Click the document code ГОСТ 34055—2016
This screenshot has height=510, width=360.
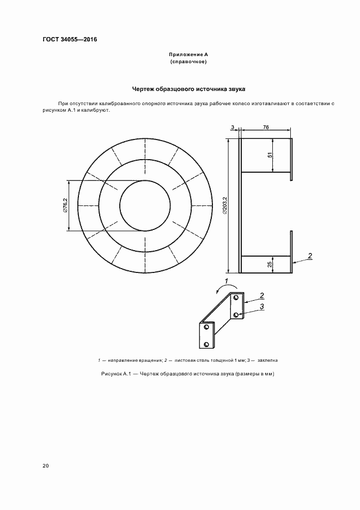[x=66, y=39]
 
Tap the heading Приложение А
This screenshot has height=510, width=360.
[x=189, y=55]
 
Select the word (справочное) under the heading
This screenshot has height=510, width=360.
[x=189, y=62]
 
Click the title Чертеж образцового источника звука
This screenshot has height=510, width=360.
[x=189, y=88]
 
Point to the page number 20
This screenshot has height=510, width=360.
[x=45, y=466]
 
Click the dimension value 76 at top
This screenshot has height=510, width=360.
[x=265, y=127]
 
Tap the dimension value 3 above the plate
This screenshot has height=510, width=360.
[x=233, y=127]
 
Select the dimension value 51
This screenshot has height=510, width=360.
[x=270, y=155]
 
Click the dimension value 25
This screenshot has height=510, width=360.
[x=270, y=264]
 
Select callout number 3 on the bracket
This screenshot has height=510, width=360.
[x=262, y=307]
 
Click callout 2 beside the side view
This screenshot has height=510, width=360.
[x=309, y=256]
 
